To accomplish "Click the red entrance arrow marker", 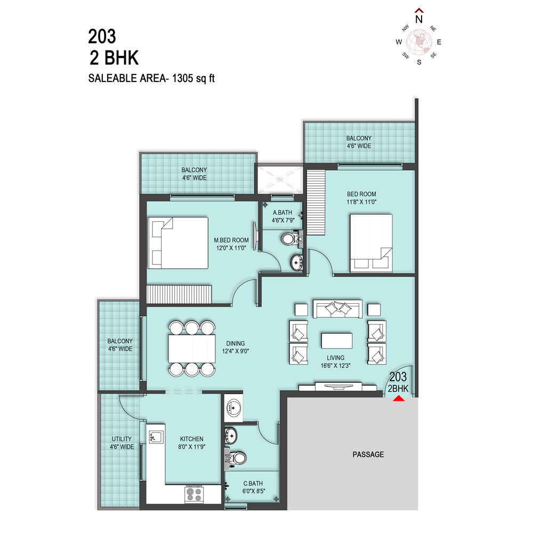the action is click(399, 398).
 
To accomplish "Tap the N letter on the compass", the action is click(419, 19).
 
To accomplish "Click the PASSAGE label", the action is click(368, 455).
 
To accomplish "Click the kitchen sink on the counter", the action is click(156, 437).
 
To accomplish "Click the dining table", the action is click(192, 349).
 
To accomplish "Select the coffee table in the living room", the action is click(336, 341).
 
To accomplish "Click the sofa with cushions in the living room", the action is click(337, 309).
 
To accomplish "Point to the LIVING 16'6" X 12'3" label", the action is click(335, 362).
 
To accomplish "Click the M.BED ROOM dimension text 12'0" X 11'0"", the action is click(231, 248).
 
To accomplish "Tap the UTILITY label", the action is click(122, 439).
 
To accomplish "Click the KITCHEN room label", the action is click(192, 439).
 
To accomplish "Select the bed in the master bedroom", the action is click(178, 243).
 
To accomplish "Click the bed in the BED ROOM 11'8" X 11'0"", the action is click(371, 243).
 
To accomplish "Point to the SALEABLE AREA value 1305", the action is click(182, 78).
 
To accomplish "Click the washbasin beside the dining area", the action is click(233, 408).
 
